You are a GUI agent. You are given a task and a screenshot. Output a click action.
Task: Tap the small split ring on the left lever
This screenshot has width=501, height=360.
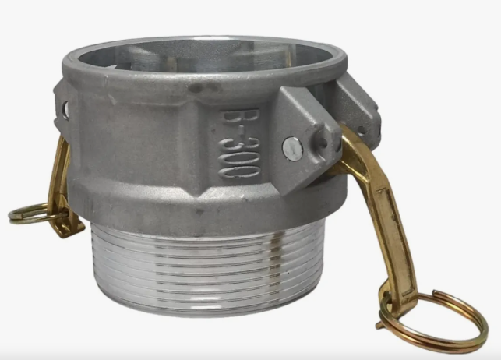(x=29, y=212)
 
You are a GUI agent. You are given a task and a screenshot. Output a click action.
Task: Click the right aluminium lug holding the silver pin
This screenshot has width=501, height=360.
(x=300, y=132)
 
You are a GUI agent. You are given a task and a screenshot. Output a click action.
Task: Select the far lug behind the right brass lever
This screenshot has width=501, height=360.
(x=355, y=109)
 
